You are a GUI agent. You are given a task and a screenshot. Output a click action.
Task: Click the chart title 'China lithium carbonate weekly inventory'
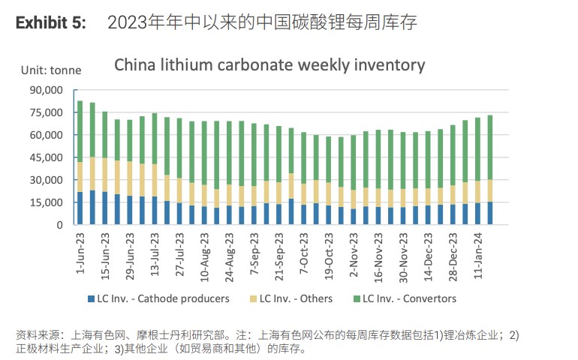[269, 65]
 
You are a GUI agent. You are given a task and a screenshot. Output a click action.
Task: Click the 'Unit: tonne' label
[51, 70]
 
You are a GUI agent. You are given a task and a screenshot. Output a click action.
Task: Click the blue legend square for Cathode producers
[91, 298]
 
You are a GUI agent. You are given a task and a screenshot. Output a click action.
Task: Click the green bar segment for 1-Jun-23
[80, 131]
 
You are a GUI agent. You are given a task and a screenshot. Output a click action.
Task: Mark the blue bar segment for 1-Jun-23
[80, 208]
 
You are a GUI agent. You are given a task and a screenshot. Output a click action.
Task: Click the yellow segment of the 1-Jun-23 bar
[80, 177]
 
